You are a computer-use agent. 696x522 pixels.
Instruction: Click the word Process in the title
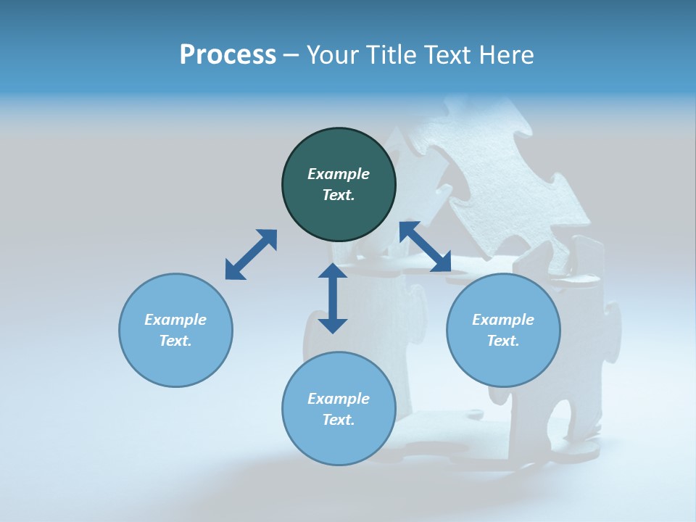coord(228,55)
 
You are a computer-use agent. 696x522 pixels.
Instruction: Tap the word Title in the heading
coord(390,55)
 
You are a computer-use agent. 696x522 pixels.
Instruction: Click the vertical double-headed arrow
coord(333,298)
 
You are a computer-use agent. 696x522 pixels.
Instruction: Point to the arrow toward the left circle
coord(251,254)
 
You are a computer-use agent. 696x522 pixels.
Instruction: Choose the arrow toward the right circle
coord(426,247)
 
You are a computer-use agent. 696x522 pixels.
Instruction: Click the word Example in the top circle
coord(339,174)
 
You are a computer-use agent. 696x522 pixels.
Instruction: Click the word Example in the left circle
coord(175,320)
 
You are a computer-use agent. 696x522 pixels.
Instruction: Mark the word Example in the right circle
coord(503,320)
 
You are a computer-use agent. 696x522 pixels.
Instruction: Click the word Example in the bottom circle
coord(339,399)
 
